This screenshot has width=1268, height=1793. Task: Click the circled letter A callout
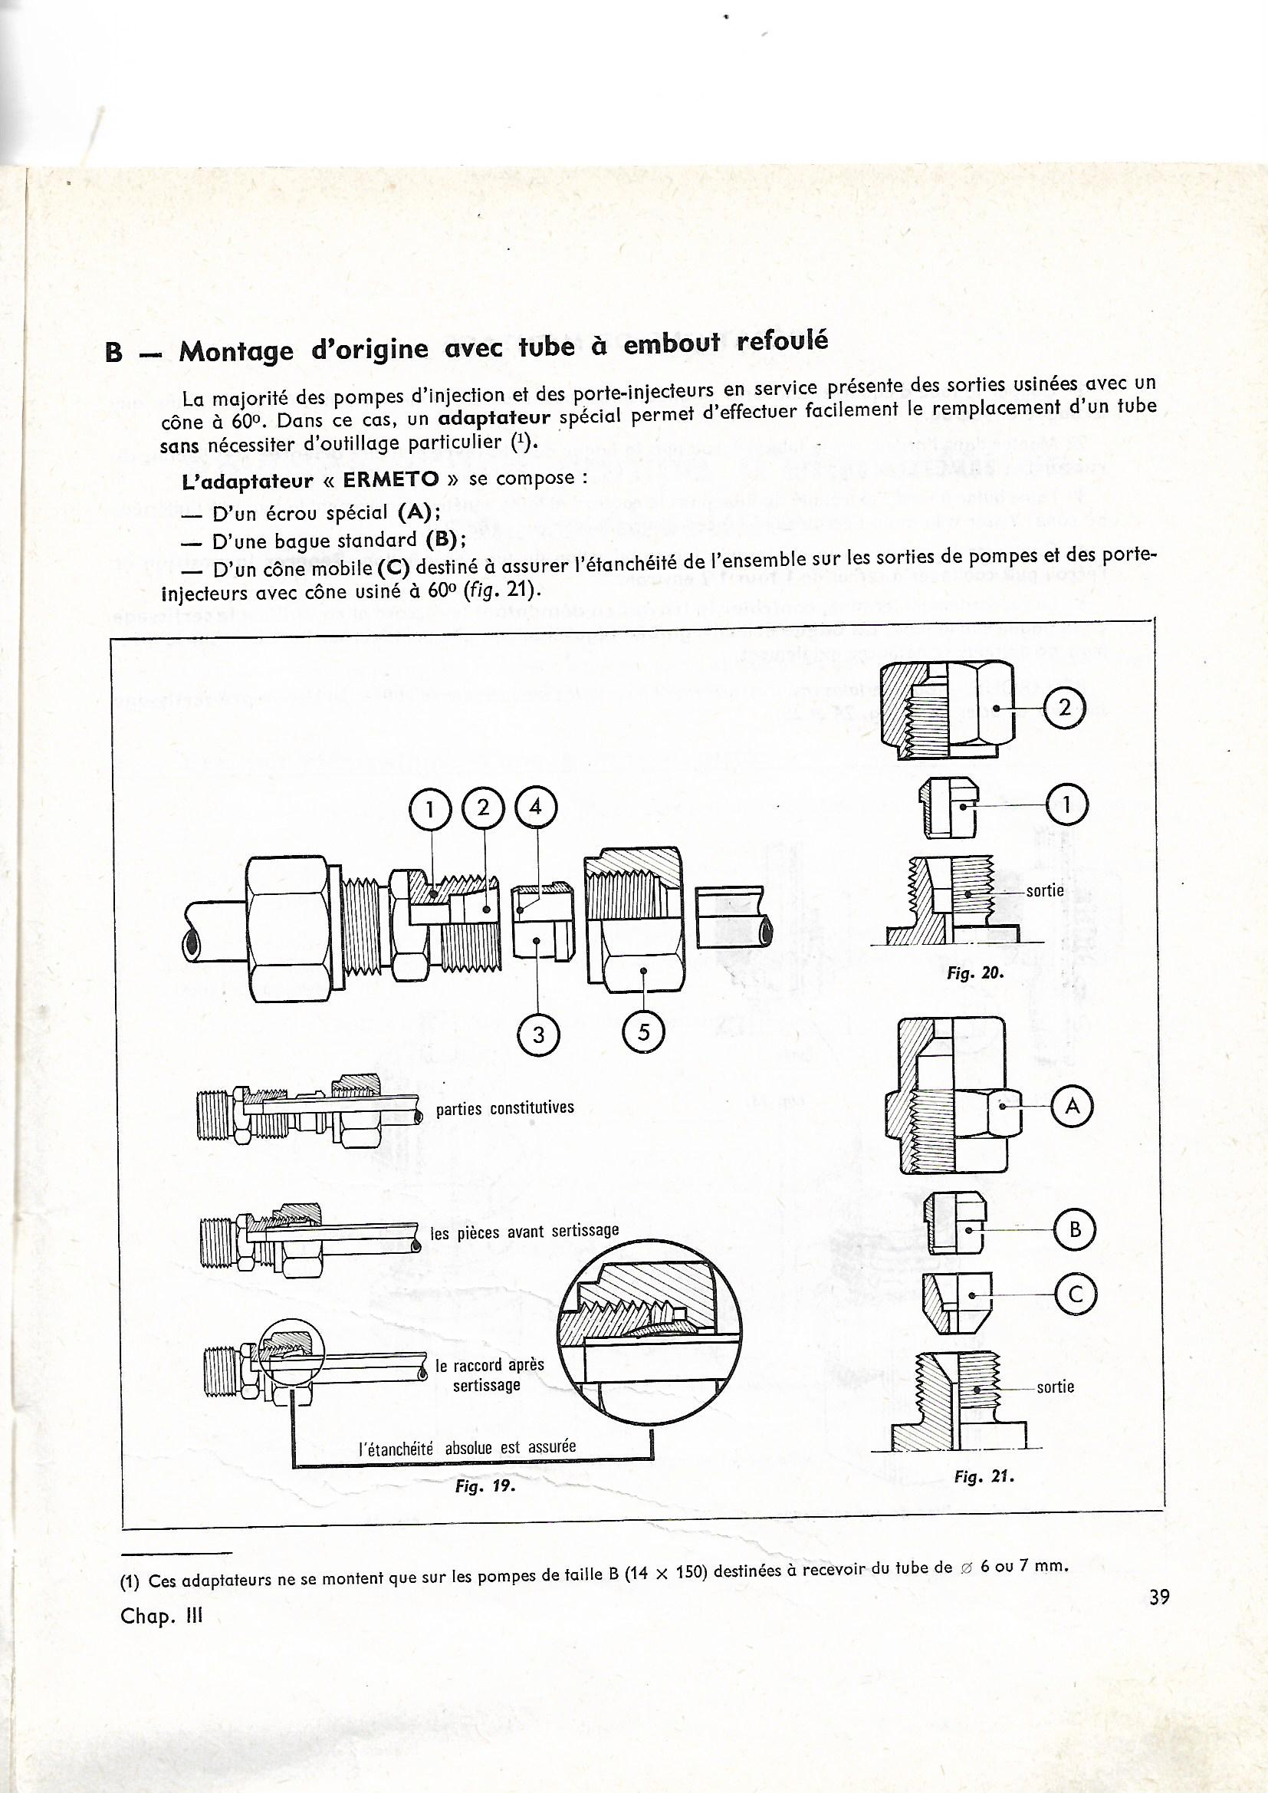(x=1073, y=1107)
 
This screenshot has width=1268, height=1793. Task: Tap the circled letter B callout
(x=1075, y=1231)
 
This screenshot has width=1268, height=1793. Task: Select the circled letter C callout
(x=1075, y=1294)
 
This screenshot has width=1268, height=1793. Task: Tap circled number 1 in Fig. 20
(x=1067, y=806)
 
